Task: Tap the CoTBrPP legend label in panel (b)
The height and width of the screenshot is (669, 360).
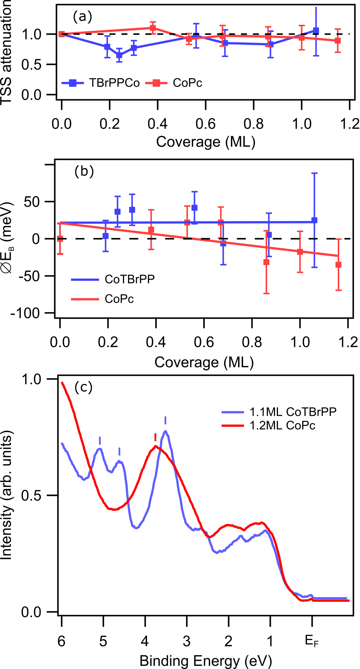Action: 129,279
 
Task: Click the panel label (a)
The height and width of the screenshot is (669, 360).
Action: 82,16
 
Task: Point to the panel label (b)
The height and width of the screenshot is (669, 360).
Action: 84,171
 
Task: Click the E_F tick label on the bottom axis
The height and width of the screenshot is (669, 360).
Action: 312,641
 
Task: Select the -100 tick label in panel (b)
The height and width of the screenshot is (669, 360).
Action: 25,313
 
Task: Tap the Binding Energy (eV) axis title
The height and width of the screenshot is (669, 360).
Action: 205,660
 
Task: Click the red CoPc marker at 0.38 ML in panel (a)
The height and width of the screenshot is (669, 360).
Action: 153,28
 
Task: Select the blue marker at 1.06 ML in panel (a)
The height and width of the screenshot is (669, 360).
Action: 316,30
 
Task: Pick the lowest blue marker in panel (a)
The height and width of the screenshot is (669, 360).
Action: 119,55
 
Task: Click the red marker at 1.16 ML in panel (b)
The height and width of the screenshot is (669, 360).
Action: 338,265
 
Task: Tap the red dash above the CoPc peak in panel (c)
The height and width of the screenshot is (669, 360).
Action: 155,437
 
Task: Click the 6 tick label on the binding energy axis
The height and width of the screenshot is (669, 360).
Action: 62,641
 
